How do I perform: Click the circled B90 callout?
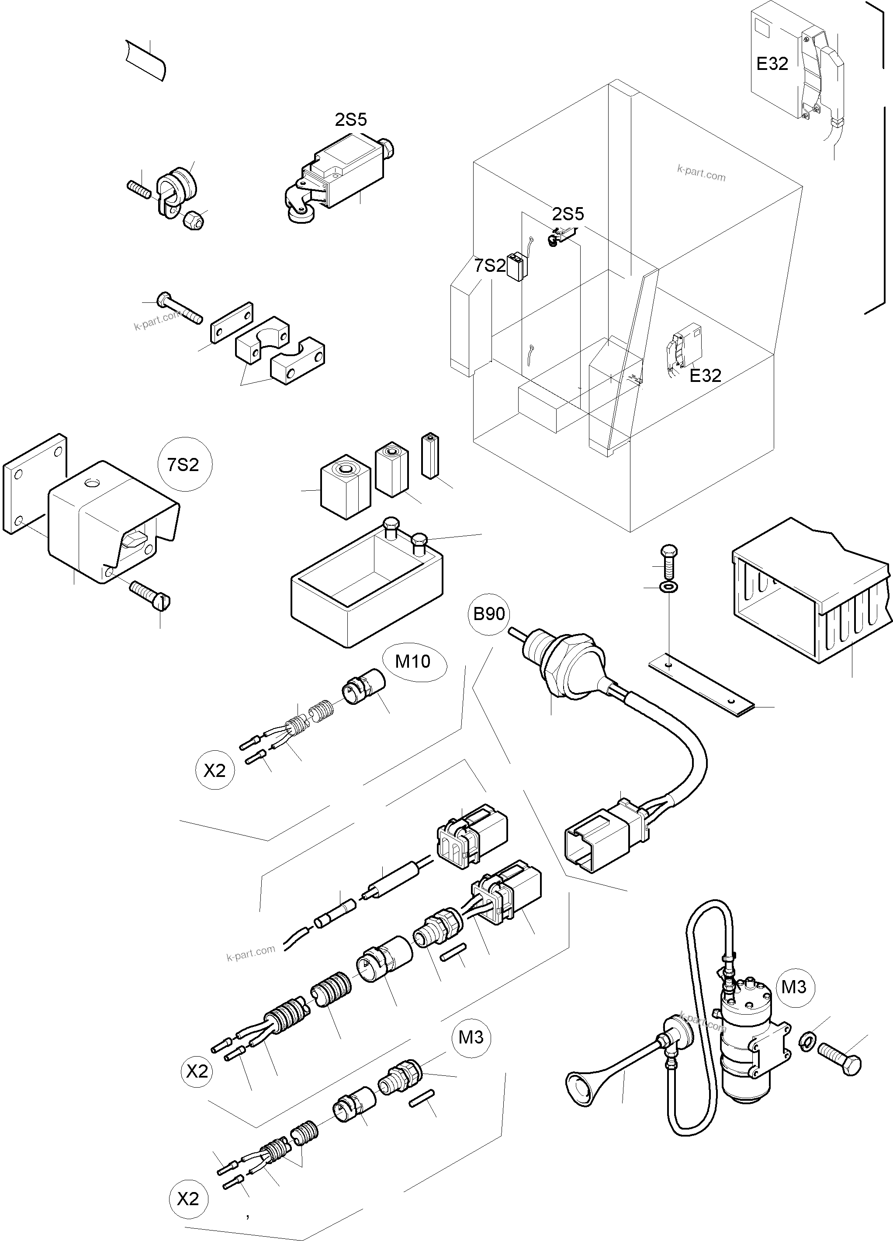point(488,614)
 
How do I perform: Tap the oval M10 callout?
point(413,662)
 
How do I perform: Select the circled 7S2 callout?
point(183,465)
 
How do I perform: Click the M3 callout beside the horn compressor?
point(793,987)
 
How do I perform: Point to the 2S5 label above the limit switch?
point(351,120)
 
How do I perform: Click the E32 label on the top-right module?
point(772,64)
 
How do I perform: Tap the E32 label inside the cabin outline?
point(705,375)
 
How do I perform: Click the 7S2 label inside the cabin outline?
point(490,266)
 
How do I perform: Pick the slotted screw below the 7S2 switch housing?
point(150,594)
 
